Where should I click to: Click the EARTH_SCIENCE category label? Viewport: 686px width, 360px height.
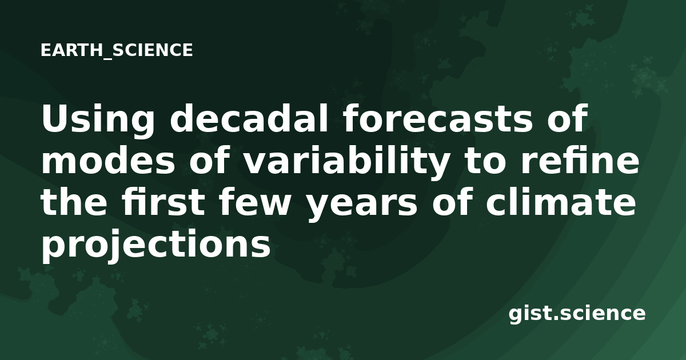117,50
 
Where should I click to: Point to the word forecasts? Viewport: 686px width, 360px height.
438,118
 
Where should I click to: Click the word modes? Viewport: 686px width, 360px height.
108,160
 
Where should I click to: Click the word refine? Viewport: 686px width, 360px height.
580,160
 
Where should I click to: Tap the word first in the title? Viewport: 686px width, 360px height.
163,202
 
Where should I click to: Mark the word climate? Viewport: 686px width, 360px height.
561,202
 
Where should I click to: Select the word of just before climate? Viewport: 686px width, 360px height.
452,202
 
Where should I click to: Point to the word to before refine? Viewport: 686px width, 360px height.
486,161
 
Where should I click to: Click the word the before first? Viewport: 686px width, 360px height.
74,202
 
